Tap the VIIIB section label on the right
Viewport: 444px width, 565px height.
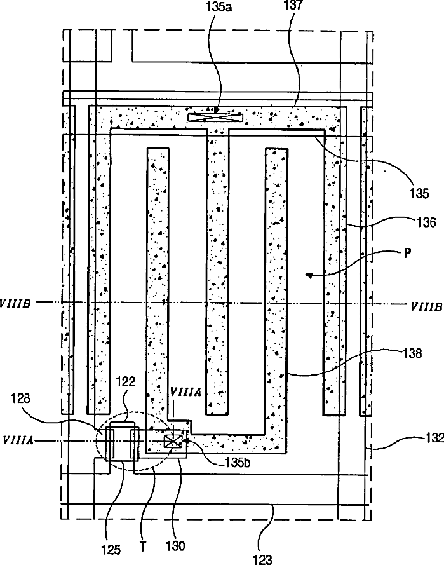[426, 304]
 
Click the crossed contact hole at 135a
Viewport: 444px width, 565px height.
[215, 118]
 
